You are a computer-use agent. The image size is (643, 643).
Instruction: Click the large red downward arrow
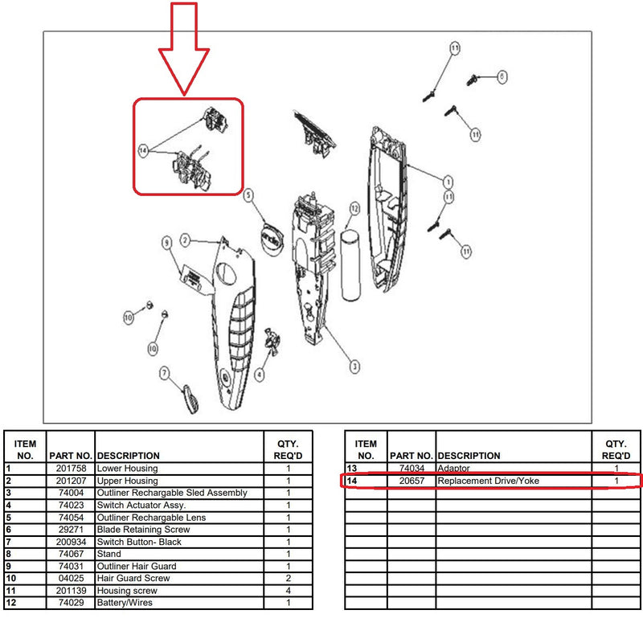click(x=184, y=49)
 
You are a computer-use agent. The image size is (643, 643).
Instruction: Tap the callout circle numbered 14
click(x=143, y=151)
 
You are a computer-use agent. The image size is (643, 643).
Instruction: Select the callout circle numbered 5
click(x=248, y=195)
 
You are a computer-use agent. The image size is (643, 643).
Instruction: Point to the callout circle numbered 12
click(x=354, y=209)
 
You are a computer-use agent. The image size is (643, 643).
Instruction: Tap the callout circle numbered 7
click(x=165, y=373)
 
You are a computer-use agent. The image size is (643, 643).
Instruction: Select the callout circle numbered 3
click(x=354, y=367)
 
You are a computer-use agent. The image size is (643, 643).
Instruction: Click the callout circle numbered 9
click(x=166, y=243)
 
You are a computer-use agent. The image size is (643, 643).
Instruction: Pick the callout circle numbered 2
click(x=185, y=240)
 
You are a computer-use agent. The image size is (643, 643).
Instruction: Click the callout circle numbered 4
click(x=259, y=375)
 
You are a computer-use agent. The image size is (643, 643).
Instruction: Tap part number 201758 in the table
click(x=71, y=469)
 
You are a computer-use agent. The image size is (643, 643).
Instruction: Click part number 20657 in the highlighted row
click(x=412, y=481)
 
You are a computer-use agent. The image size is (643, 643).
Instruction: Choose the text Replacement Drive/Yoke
click(x=488, y=481)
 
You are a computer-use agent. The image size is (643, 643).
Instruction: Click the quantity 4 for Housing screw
click(x=289, y=591)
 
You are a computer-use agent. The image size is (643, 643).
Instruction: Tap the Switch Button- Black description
click(x=139, y=542)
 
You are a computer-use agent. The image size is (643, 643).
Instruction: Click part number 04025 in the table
click(x=71, y=578)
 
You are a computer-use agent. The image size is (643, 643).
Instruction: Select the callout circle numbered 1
click(x=448, y=182)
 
